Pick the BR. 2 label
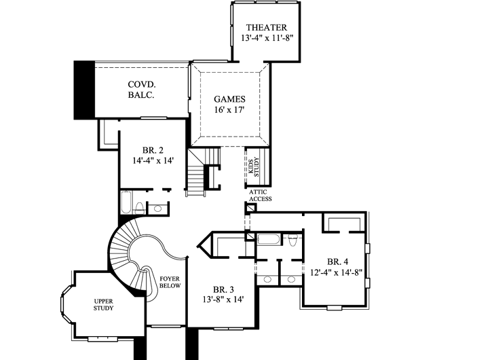(x=153, y=150)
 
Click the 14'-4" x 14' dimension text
(x=153, y=162)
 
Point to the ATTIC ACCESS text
(x=260, y=196)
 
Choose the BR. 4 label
(x=337, y=262)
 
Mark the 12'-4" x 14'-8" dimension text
(x=337, y=273)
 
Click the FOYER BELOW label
(x=169, y=283)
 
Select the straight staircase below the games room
(x=197, y=178)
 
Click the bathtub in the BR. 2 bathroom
(x=126, y=204)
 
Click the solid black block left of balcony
(x=83, y=90)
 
